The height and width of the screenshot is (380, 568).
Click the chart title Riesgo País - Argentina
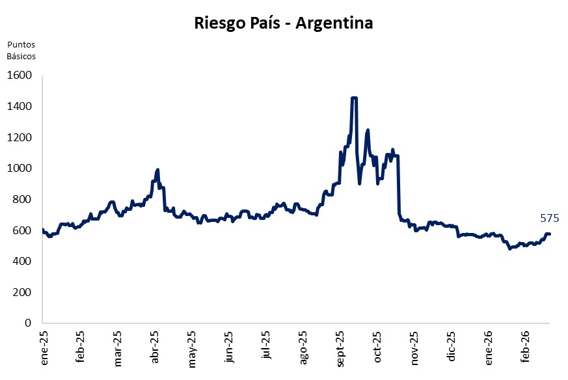[283, 23]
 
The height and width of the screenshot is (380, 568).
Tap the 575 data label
[550, 219]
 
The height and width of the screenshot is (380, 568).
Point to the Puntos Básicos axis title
[21, 50]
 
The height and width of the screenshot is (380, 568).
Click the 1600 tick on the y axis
[20, 75]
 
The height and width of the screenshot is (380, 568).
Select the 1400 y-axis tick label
[20, 106]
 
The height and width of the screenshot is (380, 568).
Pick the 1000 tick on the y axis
[20, 168]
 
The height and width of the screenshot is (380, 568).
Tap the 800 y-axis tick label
[22, 199]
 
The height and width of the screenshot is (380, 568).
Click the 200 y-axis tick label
[22, 292]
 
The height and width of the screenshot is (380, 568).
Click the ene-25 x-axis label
[44, 348]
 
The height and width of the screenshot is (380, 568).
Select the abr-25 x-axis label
[155, 348]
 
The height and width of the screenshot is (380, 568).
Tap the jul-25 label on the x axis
[265, 348]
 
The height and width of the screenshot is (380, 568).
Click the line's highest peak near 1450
[354, 98]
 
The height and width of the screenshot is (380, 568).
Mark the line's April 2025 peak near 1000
[157, 170]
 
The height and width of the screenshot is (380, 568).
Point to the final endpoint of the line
[549, 234]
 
